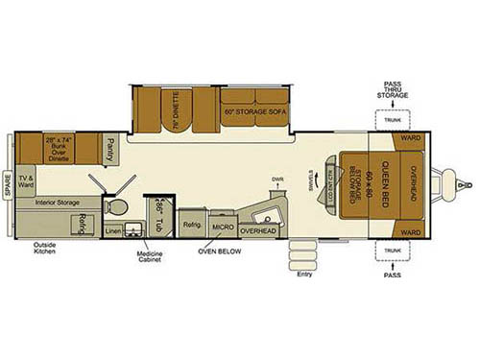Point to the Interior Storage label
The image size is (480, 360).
(59, 203)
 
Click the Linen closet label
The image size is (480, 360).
(113, 231)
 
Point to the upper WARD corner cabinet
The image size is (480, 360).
(411, 137)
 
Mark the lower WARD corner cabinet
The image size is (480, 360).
(411, 232)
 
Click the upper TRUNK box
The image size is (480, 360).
(392, 120)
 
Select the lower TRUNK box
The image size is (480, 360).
(392, 251)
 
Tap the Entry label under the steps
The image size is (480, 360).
(305, 274)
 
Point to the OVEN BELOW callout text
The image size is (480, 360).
(220, 252)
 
